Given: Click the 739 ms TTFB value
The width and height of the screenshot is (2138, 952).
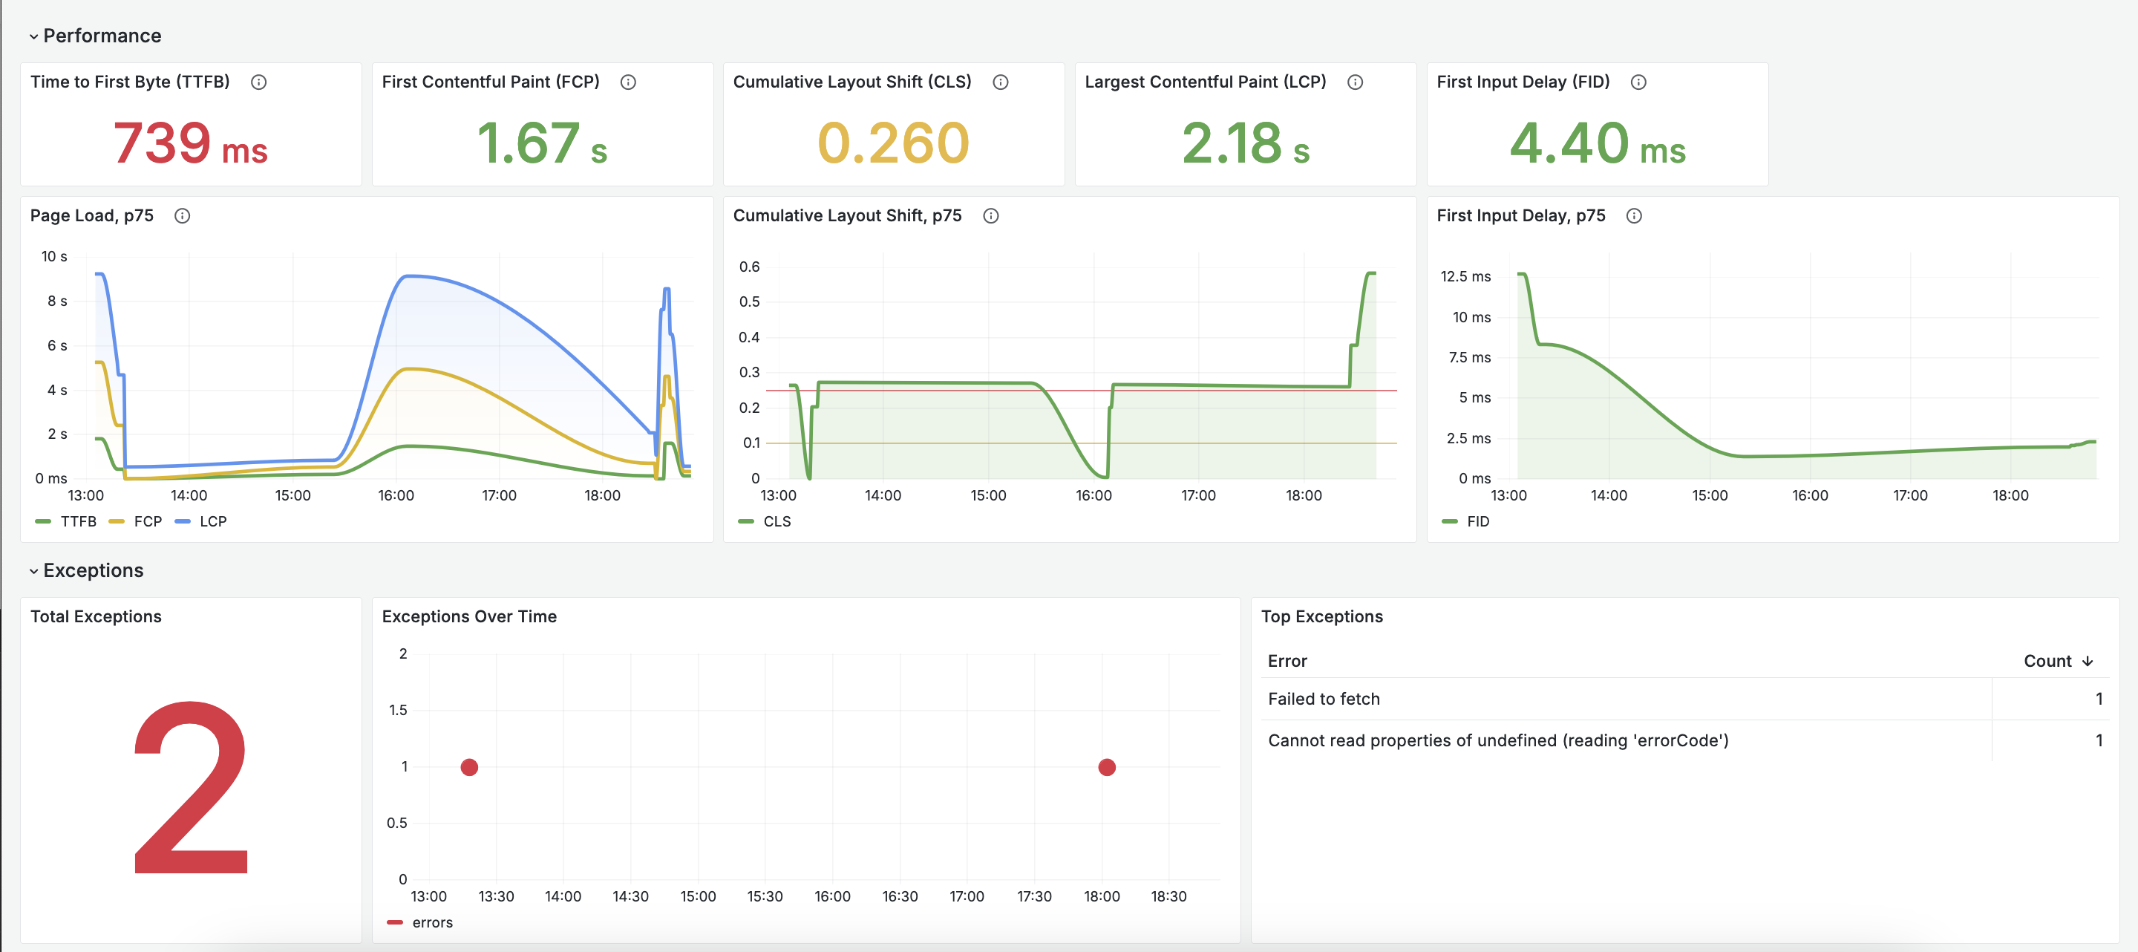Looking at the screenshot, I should tap(190, 143).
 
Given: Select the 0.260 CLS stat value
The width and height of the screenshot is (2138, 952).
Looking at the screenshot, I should tap(893, 143).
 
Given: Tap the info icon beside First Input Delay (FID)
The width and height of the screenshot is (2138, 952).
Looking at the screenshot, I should tap(1638, 82).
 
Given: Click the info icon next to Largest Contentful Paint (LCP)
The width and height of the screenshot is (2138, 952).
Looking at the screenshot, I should tap(1355, 82).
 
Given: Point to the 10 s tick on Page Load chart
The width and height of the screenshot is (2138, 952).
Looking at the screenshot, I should tap(54, 256).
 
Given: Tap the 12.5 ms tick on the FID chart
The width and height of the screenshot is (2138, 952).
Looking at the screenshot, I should tap(1465, 276).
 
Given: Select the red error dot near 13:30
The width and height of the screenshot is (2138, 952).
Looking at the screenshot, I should tap(469, 767).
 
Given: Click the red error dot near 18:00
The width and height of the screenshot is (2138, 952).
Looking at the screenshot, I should tap(1106, 767).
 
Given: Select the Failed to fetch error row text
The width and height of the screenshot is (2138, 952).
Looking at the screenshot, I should tap(1323, 699).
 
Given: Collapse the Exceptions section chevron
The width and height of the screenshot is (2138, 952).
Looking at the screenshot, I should tap(33, 571).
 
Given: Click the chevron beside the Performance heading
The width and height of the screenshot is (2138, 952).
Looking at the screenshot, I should tap(33, 36).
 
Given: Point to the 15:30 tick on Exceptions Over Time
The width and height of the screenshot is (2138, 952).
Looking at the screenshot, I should tap(765, 896).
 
